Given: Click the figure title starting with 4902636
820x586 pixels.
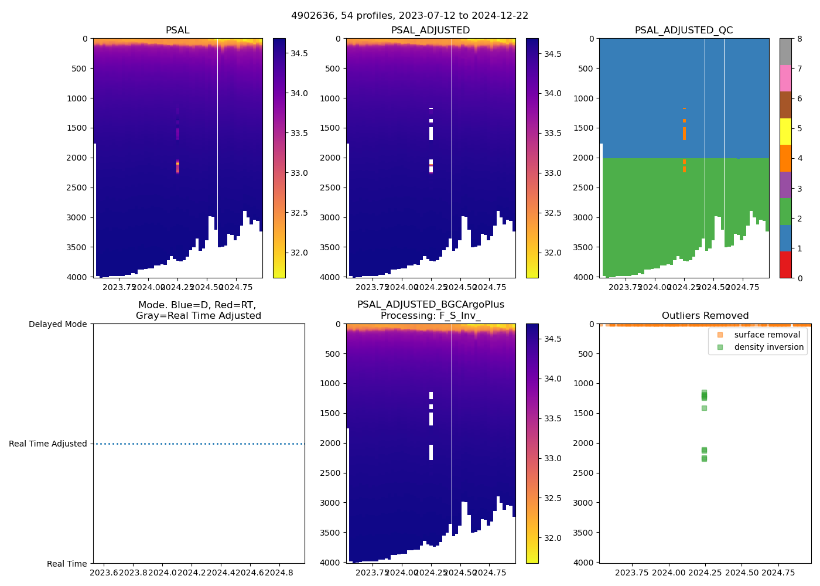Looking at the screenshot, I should [409, 16].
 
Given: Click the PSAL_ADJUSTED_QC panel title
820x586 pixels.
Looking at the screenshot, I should [684, 30].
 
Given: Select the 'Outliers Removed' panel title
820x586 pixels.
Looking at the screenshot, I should [705, 316].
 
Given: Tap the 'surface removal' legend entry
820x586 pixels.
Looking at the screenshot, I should [767, 335].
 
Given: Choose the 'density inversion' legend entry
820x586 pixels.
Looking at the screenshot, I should [768, 347].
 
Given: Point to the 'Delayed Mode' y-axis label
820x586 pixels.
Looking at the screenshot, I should [57, 324].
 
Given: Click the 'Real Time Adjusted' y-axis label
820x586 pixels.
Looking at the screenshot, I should [48, 444].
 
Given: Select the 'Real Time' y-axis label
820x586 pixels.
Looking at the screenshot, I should [67, 564].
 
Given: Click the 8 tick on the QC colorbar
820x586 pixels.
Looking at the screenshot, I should [799, 39].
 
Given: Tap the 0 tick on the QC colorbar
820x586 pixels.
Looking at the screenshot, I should [799, 278].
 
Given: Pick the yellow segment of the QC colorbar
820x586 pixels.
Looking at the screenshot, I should [785, 131].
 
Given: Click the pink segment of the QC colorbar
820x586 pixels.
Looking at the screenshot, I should [785, 78].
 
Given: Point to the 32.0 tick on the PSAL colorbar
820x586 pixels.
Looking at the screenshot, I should [299, 253].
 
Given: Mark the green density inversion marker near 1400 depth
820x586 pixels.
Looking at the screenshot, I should [704, 408].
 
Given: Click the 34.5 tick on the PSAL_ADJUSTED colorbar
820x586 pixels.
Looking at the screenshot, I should [552, 54].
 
